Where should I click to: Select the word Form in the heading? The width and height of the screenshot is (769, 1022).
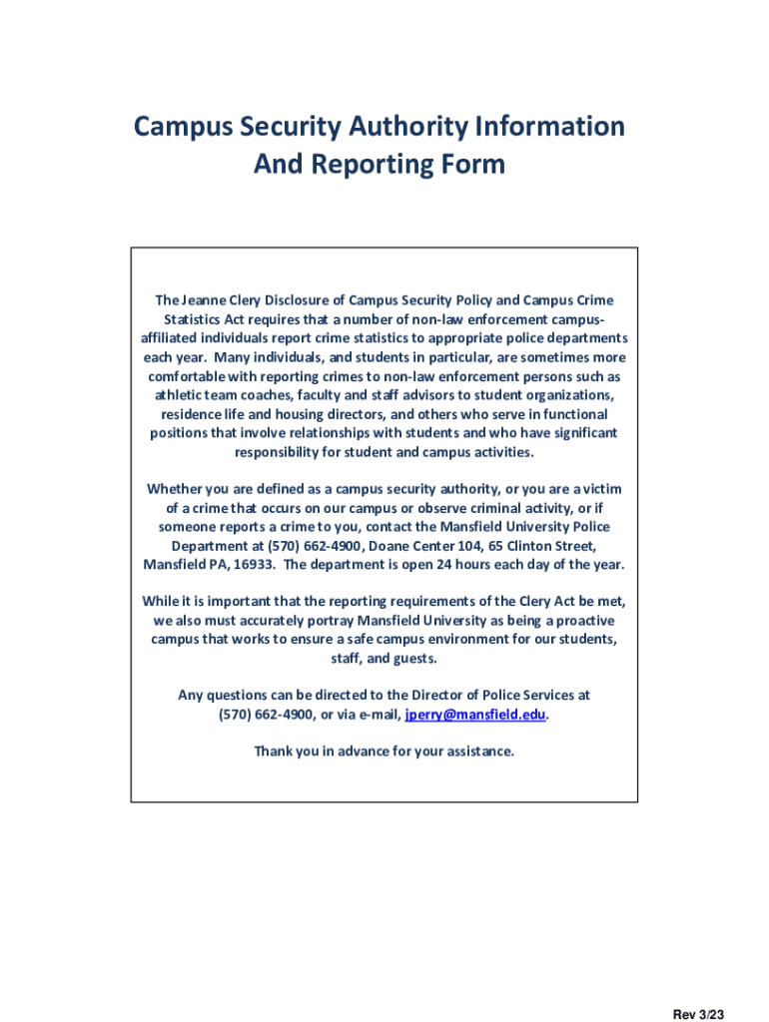(x=475, y=164)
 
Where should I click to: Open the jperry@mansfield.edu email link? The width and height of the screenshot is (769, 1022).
(x=475, y=714)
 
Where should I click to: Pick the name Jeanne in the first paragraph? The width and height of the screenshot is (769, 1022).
(x=203, y=300)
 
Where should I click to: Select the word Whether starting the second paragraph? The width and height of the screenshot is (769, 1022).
(x=177, y=488)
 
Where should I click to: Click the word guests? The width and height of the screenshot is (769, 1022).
(x=414, y=659)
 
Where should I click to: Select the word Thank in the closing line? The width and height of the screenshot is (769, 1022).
(x=274, y=751)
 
